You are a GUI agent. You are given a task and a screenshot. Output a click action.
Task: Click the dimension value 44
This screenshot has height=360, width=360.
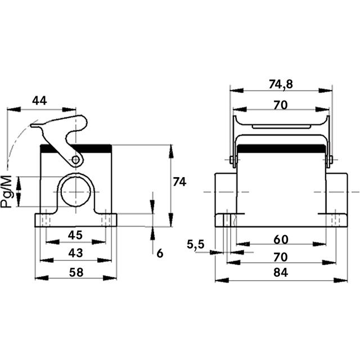(x=39, y=101)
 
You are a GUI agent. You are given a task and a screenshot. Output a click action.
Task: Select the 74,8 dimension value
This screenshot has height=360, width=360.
(x=281, y=84)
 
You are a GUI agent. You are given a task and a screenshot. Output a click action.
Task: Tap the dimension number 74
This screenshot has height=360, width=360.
(x=179, y=182)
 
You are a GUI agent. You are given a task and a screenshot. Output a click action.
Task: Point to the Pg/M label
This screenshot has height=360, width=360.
(x=6, y=191)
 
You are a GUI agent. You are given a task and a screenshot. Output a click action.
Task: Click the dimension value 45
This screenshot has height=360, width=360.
(x=75, y=235)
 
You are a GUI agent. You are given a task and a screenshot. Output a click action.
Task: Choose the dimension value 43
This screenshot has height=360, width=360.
(x=75, y=253)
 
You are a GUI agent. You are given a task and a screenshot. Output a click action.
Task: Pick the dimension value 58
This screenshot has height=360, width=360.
(x=76, y=272)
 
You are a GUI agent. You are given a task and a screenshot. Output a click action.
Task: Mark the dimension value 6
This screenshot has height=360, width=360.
(x=160, y=253)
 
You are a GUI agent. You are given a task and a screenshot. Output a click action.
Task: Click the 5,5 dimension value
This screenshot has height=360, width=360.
(x=195, y=244)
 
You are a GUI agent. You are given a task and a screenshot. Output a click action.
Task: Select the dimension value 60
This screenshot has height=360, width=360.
(x=281, y=240)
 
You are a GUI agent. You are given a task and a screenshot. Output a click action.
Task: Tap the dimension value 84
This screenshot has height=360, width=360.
(x=281, y=272)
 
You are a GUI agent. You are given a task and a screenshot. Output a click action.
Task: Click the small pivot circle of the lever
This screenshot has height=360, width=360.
(x=75, y=160)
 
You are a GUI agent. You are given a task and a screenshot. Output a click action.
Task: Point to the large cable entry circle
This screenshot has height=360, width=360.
(x=75, y=192)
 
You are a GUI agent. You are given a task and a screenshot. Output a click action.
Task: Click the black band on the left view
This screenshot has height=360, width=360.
(x=76, y=148)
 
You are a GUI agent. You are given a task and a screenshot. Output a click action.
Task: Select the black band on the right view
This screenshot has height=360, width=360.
(x=281, y=148)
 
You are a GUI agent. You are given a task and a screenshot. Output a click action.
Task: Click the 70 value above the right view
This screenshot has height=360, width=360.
(x=281, y=105)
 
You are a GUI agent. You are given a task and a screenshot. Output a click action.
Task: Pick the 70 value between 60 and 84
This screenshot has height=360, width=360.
(x=280, y=256)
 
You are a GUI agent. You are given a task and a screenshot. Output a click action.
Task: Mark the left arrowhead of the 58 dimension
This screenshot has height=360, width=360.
(x=42, y=278)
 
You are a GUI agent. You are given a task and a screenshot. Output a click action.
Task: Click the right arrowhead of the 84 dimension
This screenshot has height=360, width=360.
(x=340, y=280)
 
